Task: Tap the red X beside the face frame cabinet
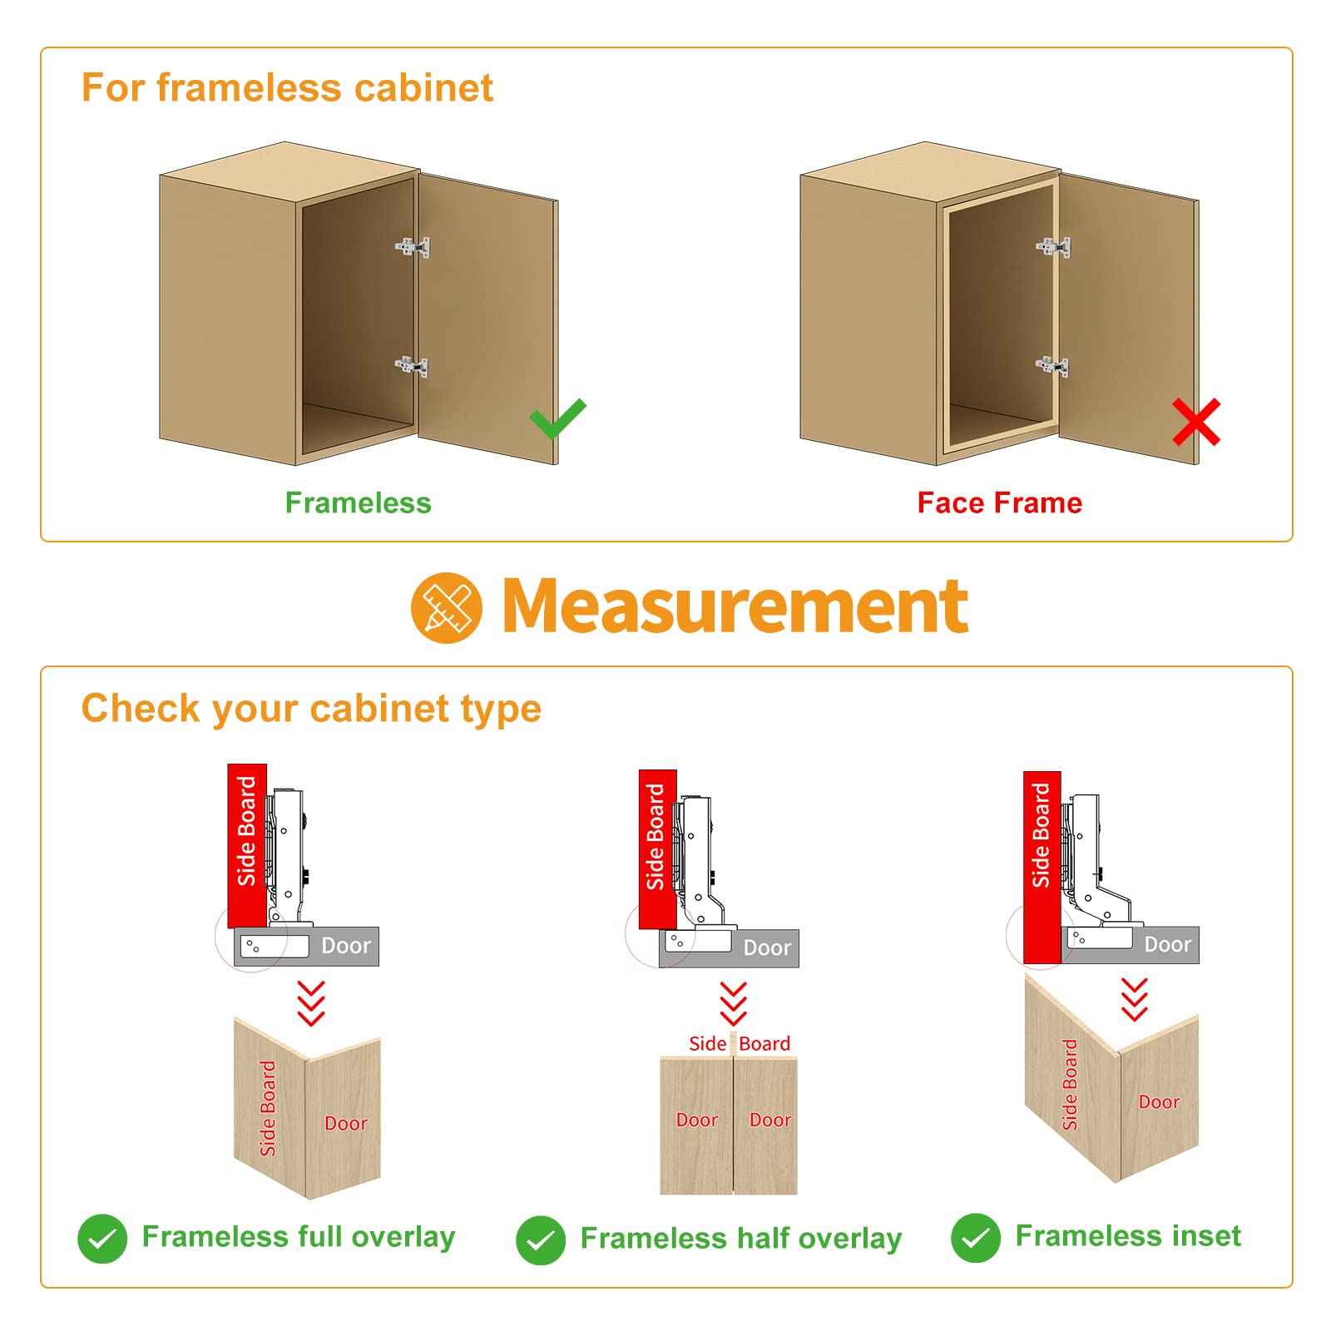(1196, 422)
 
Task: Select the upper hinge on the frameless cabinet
(413, 247)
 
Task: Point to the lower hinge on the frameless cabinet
(412, 366)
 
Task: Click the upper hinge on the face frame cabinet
(1053, 247)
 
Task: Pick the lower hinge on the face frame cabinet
(1052, 365)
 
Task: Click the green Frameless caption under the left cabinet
(359, 502)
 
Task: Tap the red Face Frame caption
(1000, 502)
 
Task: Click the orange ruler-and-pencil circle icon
(447, 607)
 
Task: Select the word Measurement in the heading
(735, 606)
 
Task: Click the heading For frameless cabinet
(287, 87)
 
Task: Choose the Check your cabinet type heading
(311, 709)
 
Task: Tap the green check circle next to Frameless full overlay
(102, 1239)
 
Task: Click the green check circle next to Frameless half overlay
(541, 1240)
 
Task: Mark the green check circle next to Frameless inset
(976, 1238)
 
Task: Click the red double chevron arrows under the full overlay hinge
(311, 1003)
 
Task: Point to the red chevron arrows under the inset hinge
(1135, 1000)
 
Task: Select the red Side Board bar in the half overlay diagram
(657, 849)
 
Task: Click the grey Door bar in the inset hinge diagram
(1132, 945)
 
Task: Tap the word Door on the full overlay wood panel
(346, 1124)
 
